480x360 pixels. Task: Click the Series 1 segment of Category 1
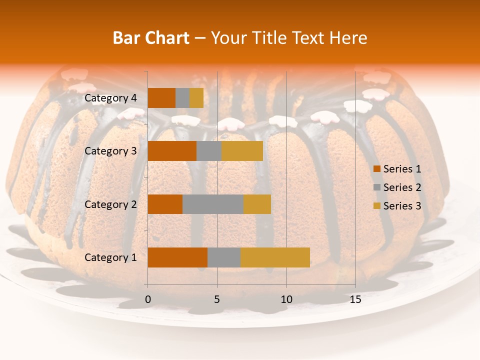click(x=177, y=257)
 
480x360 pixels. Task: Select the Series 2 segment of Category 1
click(x=224, y=257)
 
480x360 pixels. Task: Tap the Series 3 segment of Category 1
click(x=275, y=257)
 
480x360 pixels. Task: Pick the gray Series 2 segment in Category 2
click(x=213, y=204)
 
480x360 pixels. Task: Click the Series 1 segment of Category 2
click(x=165, y=204)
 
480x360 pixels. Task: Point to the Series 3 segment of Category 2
click(x=257, y=204)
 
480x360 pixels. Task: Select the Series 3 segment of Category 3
click(x=242, y=151)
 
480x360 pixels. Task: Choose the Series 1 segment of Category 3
click(x=172, y=151)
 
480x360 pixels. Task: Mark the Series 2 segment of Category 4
click(x=182, y=98)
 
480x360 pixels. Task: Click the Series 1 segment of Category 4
click(x=161, y=98)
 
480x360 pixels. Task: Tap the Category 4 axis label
click(x=110, y=98)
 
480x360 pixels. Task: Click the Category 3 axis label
click(x=110, y=151)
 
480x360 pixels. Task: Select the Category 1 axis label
click(x=110, y=257)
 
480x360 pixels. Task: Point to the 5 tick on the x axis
click(x=217, y=299)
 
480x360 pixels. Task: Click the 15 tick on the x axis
click(x=355, y=299)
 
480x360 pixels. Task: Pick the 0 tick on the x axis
click(x=147, y=299)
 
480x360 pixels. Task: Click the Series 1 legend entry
click(x=402, y=169)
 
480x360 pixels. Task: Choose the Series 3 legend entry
click(x=402, y=206)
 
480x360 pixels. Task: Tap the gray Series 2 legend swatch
click(x=377, y=187)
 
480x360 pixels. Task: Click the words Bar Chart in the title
click(x=151, y=37)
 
